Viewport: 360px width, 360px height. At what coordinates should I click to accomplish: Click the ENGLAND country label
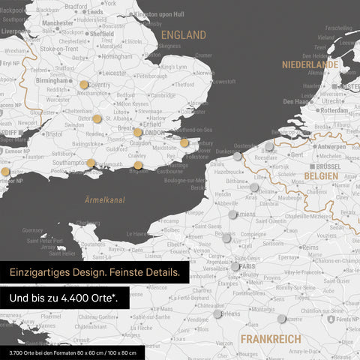[183, 35]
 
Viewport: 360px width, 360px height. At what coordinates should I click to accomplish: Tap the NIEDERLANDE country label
[310, 65]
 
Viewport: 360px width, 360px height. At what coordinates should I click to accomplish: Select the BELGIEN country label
[321, 175]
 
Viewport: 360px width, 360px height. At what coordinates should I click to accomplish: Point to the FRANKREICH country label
[271, 339]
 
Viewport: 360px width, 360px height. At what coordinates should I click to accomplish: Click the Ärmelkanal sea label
[105, 199]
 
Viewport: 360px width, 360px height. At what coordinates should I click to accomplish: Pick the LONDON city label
[153, 133]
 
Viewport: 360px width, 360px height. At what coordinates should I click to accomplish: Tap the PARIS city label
[248, 265]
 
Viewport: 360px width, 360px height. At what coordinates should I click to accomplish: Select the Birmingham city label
[52, 81]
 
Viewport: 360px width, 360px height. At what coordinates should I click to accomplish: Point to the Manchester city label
[58, 23]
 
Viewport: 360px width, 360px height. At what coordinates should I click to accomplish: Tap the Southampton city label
[71, 162]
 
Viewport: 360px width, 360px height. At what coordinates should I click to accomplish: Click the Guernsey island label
[33, 230]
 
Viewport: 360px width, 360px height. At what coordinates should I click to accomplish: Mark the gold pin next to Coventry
[83, 85]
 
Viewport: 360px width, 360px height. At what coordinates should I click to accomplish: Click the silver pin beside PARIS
[235, 266]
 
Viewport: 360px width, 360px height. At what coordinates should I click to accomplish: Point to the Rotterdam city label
[331, 109]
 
